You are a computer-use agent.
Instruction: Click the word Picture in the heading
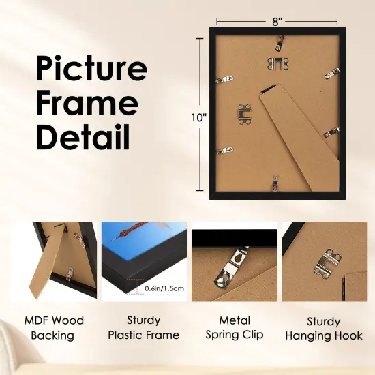pyautogui.click(x=91, y=70)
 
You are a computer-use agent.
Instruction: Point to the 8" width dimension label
pyautogui.click(x=277, y=21)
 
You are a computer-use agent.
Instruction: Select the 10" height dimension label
pyautogui.click(x=198, y=117)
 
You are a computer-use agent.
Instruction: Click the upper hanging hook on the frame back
pyautogui.click(x=275, y=63)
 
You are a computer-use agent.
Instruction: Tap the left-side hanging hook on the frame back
pyautogui.click(x=244, y=113)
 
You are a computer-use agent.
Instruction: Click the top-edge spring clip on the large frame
pyautogui.click(x=280, y=44)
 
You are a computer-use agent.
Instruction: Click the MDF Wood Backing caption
pyautogui.click(x=54, y=327)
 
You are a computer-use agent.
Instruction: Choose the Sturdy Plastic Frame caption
pyautogui.click(x=144, y=327)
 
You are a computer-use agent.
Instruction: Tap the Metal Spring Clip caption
pyautogui.click(x=235, y=327)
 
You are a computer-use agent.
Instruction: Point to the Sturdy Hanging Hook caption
pyautogui.click(x=324, y=327)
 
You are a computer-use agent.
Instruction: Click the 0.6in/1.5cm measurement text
pyautogui.click(x=164, y=288)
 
